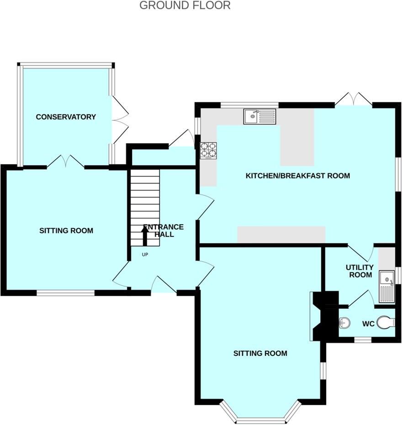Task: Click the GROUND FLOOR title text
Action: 185,5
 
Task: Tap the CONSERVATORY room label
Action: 66,117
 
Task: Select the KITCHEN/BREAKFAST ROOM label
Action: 298,176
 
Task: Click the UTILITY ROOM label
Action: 359,271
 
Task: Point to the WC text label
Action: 368,324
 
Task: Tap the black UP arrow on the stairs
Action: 145,236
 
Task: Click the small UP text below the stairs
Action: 145,255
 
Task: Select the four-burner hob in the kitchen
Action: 208,150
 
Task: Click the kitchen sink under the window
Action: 259,117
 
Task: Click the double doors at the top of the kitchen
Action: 354,99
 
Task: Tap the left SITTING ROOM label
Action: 66,231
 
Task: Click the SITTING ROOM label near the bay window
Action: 260,353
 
